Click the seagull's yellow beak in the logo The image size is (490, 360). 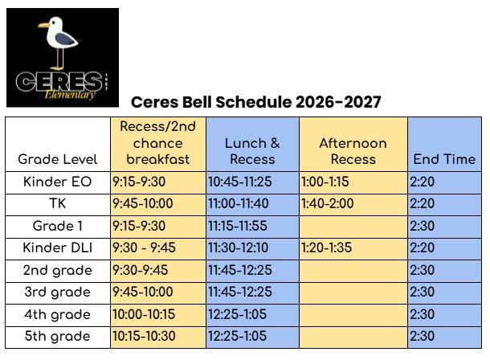tap(44, 25)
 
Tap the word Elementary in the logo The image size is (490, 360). tap(70, 95)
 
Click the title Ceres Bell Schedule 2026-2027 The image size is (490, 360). tap(256, 102)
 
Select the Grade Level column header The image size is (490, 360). tap(58, 159)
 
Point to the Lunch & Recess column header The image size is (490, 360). tap(252, 151)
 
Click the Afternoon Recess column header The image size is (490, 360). tap(353, 151)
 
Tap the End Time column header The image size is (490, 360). tap(444, 159)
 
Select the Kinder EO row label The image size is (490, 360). tap(58, 182)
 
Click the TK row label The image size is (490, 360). tap(58, 203)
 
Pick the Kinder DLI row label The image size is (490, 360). tap(58, 247)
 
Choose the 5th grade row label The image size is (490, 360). tap(58, 336)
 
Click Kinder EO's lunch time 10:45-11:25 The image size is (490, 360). tap(240, 182)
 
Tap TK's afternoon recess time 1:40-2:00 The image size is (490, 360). tap(328, 203)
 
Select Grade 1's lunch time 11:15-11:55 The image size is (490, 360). tap(238, 226)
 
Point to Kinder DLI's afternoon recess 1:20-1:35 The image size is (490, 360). tap(327, 247)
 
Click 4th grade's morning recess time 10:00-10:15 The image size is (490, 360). tap(144, 314)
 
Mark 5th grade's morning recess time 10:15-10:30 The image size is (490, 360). tap(144, 336)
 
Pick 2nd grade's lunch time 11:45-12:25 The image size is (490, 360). tap(240, 270)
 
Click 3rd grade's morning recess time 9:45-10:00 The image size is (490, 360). tap(143, 292)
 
